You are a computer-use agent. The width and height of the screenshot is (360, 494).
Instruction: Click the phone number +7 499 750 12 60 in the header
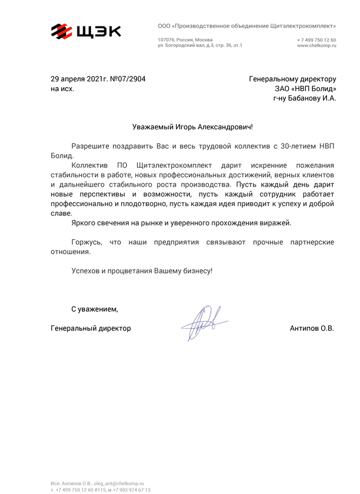pos(316,40)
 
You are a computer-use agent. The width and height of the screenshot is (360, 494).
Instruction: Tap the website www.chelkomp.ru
pos(316,45)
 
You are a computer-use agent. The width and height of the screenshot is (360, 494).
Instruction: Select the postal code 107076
pos(165,40)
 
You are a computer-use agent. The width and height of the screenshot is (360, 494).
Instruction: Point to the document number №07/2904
pos(128,79)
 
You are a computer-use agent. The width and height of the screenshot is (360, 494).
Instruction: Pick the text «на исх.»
pos(62,88)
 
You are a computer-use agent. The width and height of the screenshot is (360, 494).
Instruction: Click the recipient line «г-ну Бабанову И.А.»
pos(304,98)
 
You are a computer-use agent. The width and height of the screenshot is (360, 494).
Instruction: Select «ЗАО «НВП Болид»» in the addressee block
pos(305,88)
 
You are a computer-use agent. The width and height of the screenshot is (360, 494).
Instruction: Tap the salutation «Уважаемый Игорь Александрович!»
pos(192,127)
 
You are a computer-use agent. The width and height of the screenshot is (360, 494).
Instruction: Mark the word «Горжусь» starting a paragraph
pos(87,242)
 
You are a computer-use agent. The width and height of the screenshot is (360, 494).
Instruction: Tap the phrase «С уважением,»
pos(94,308)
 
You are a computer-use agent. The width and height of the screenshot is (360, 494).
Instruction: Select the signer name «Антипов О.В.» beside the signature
pos(312,328)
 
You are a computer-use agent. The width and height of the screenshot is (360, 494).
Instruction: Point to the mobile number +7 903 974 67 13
pos(131,490)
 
